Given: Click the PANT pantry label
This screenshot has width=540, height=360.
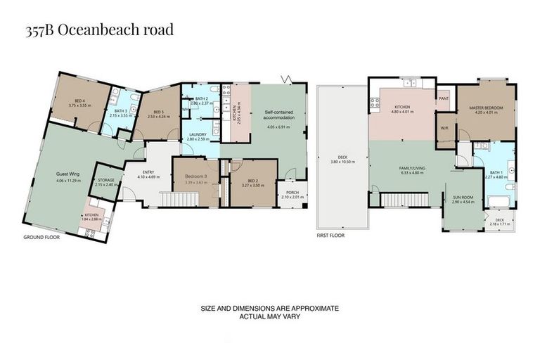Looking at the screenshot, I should click(x=443, y=99).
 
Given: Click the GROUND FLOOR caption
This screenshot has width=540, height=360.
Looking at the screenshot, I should click(x=42, y=237).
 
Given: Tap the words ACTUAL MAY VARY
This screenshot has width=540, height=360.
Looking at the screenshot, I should click(x=269, y=316).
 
